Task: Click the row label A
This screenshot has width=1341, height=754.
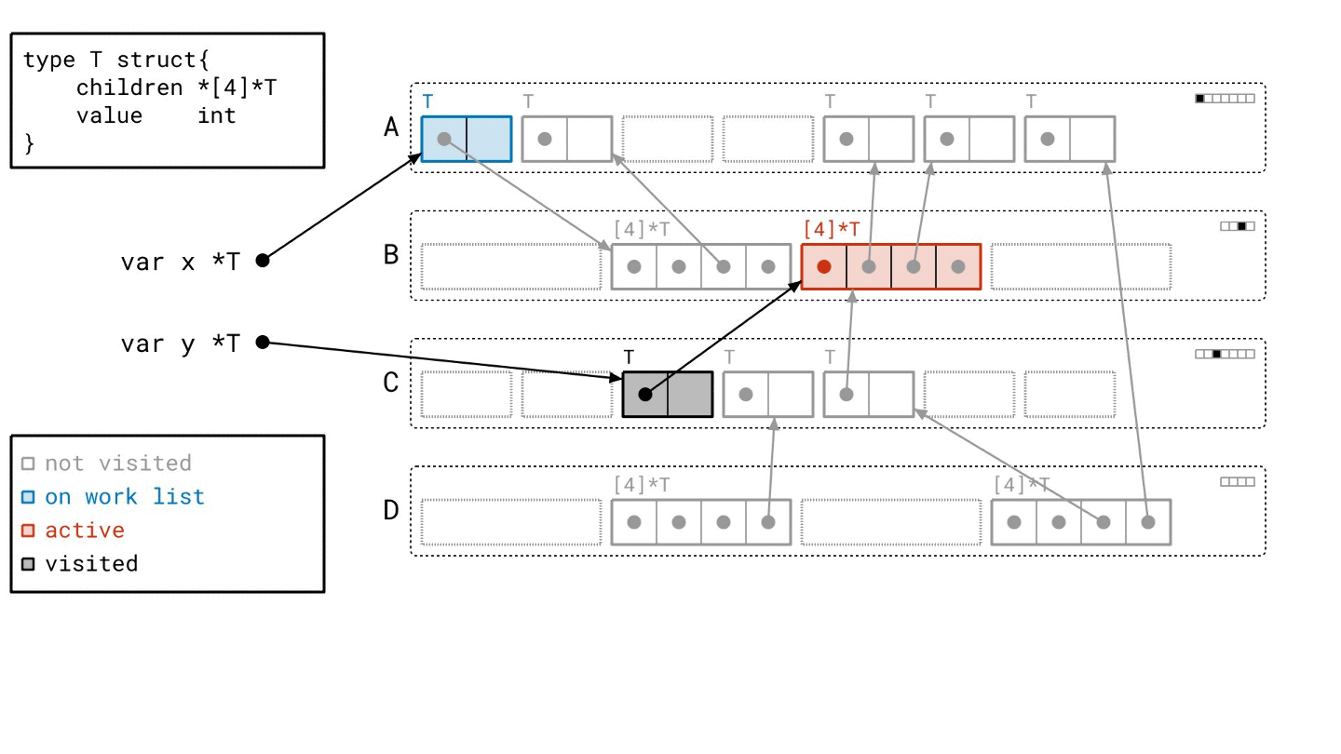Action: coord(391,127)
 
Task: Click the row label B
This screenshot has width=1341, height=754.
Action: coord(391,254)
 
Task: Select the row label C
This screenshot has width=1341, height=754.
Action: coord(391,383)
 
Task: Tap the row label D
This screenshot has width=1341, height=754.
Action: coord(391,510)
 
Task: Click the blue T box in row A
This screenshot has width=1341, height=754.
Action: coord(467,140)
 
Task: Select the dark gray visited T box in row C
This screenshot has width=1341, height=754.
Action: coord(668,395)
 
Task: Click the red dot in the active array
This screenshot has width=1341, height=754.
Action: coord(824,267)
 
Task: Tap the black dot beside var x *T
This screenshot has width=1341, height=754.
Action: coord(263,261)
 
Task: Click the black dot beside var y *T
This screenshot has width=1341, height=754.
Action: coord(263,343)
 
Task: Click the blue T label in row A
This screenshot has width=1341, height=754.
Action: coord(428,101)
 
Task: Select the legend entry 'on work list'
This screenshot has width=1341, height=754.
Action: coord(125,497)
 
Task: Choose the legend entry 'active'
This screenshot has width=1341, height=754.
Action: coord(85,531)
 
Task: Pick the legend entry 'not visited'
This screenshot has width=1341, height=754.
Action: coord(118,464)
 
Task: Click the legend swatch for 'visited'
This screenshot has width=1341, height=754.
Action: coord(29,564)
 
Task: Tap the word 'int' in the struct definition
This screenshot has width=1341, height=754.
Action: coord(216,115)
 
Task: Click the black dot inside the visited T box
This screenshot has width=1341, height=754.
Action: coord(645,395)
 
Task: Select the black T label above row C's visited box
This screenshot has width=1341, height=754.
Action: coord(630,357)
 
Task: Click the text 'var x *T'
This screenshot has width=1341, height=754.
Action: coord(180,262)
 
